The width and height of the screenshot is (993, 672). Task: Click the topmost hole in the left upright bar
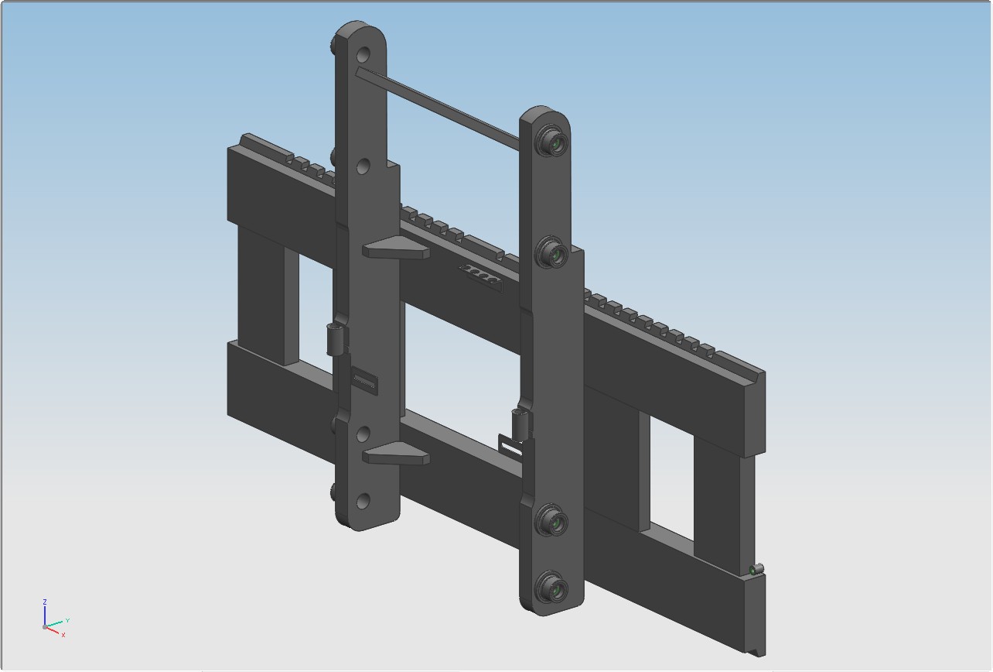point(363,55)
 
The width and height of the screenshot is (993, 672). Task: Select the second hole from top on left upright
point(363,166)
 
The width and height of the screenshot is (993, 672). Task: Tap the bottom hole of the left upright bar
point(363,501)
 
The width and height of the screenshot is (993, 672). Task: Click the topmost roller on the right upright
point(552,141)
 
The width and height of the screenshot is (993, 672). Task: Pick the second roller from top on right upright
point(552,252)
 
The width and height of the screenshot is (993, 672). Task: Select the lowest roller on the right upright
point(552,587)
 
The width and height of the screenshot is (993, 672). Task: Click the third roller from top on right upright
point(552,519)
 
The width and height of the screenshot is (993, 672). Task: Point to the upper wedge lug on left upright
point(396,247)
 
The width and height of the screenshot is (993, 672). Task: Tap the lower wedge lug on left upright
point(396,454)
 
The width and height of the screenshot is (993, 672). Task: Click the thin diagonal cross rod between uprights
point(438,108)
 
